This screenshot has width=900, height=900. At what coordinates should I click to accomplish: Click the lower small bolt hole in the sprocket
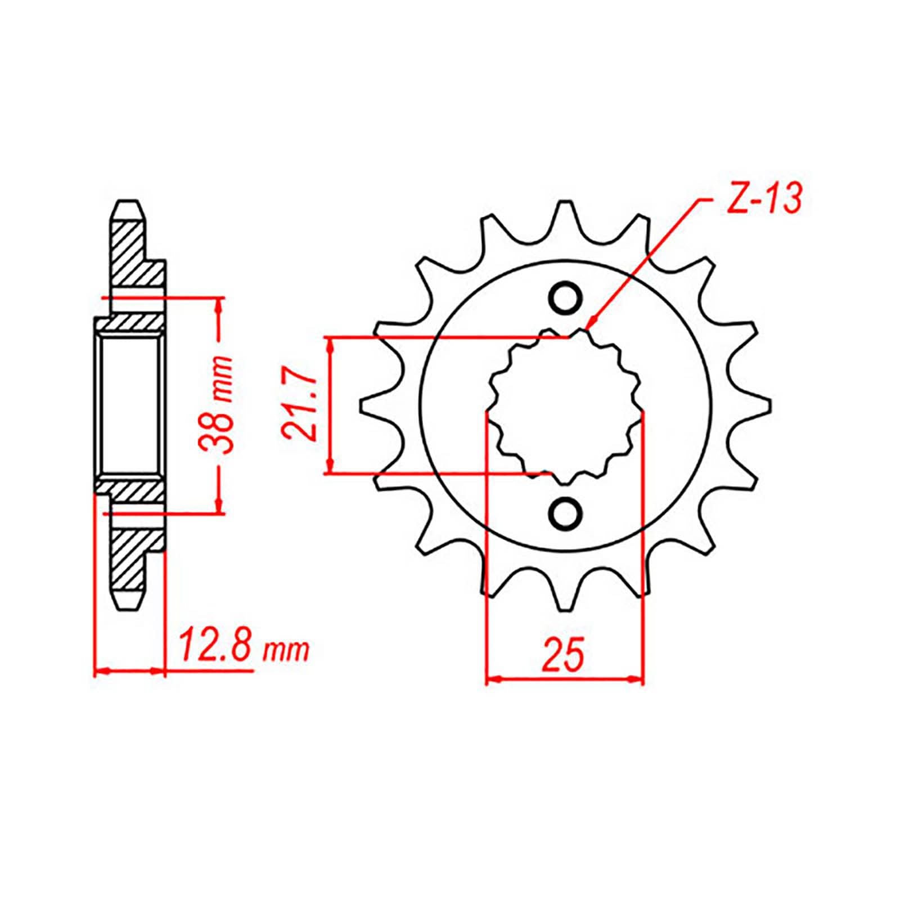[565, 512]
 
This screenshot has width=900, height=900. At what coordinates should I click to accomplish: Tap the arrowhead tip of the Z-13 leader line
[588, 327]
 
